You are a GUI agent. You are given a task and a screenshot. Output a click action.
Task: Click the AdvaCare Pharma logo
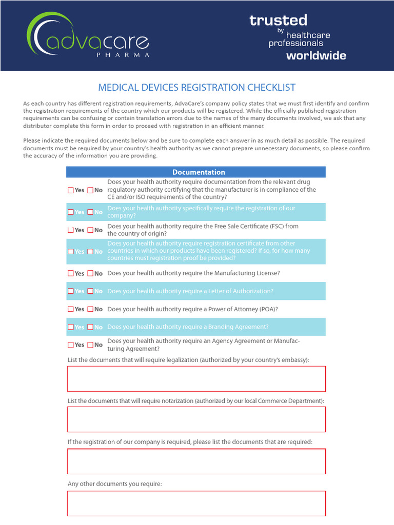(88, 36)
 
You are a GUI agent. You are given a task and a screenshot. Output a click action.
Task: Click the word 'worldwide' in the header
(316, 55)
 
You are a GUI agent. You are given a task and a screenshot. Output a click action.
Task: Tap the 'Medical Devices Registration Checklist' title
(196, 88)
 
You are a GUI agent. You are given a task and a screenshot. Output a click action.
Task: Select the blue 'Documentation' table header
(198, 172)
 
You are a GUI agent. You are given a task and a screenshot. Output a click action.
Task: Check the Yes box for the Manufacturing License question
(71, 274)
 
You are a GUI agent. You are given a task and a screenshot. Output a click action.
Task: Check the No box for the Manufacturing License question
(90, 274)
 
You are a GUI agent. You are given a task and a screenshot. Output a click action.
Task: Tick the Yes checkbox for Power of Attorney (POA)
(71, 310)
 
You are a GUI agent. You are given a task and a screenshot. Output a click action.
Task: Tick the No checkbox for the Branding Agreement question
(90, 327)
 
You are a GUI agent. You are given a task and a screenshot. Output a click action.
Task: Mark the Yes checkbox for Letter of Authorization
(71, 291)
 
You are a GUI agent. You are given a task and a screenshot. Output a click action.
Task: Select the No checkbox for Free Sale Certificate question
(90, 230)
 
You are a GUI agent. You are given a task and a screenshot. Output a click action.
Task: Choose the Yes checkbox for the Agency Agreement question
(71, 345)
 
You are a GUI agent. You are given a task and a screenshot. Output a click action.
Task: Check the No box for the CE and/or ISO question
(90, 190)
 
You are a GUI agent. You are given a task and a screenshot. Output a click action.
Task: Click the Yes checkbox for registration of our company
(71, 212)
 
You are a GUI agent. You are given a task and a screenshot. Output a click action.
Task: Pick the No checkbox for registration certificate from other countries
(90, 252)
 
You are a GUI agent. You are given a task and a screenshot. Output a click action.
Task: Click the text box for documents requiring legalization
(196, 379)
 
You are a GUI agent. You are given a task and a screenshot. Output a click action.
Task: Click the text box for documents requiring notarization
(196, 419)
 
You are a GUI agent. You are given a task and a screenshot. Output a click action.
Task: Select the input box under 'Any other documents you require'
(196, 503)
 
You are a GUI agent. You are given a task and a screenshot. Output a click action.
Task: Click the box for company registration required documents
(196, 461)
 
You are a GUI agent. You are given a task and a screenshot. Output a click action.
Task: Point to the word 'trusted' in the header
(278, 21)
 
